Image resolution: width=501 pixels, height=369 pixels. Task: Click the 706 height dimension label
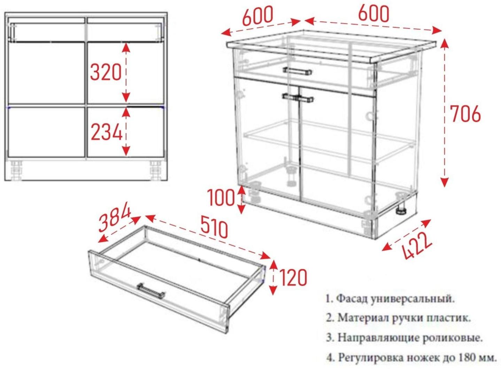[465, 113]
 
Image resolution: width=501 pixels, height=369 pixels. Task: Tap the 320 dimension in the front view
[106, 72]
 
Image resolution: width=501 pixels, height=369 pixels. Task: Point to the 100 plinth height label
[221, 198]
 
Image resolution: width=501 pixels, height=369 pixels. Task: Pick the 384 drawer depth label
[115, 219]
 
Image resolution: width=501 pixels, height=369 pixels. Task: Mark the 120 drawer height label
[293, 277]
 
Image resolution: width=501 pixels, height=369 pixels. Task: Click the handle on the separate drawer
[151, 291]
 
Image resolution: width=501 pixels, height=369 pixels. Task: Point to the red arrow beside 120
[273, 277]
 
